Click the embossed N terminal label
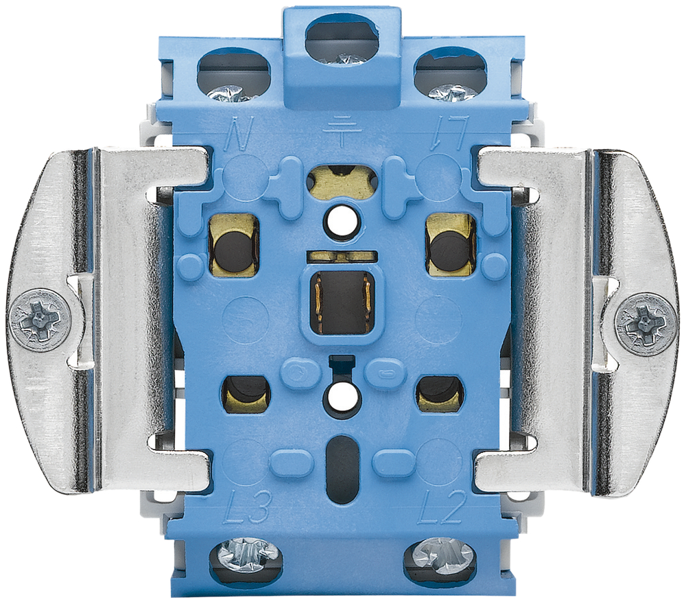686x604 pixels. [x=239, y=132]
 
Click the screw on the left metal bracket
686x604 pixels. [x=40, y=320]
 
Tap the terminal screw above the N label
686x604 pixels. [x=226, y=93]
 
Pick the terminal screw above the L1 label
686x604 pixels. [x=453, y=93]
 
